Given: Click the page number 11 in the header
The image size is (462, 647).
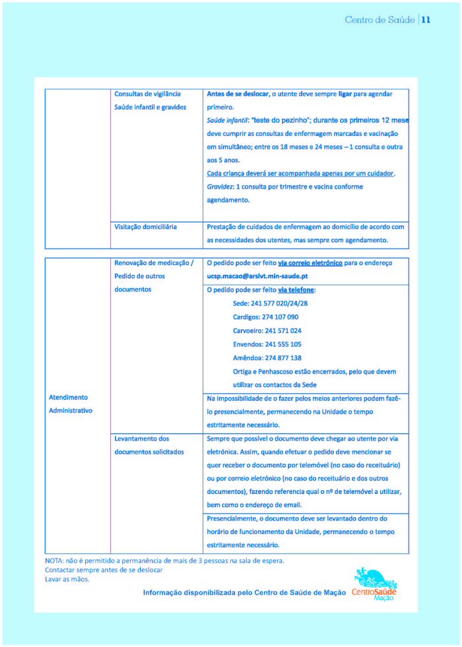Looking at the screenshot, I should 426,20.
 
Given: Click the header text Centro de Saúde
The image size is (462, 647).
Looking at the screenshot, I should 379,20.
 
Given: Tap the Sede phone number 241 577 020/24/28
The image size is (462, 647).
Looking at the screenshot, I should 271,303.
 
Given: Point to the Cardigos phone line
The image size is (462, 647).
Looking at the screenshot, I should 265,317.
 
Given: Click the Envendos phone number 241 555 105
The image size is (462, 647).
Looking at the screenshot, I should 267,344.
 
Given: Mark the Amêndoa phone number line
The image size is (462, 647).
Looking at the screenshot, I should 267,358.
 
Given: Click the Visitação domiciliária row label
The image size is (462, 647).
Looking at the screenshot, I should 145,226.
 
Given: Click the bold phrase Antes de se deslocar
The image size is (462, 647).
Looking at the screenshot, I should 238,94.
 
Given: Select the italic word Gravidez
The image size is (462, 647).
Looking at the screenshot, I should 220,187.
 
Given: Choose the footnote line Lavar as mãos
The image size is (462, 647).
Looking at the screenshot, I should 67,579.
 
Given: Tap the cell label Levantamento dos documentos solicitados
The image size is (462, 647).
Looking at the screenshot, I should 148,445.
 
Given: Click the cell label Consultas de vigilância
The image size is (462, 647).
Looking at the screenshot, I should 147,94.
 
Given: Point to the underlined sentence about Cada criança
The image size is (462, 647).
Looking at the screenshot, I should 300,173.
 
